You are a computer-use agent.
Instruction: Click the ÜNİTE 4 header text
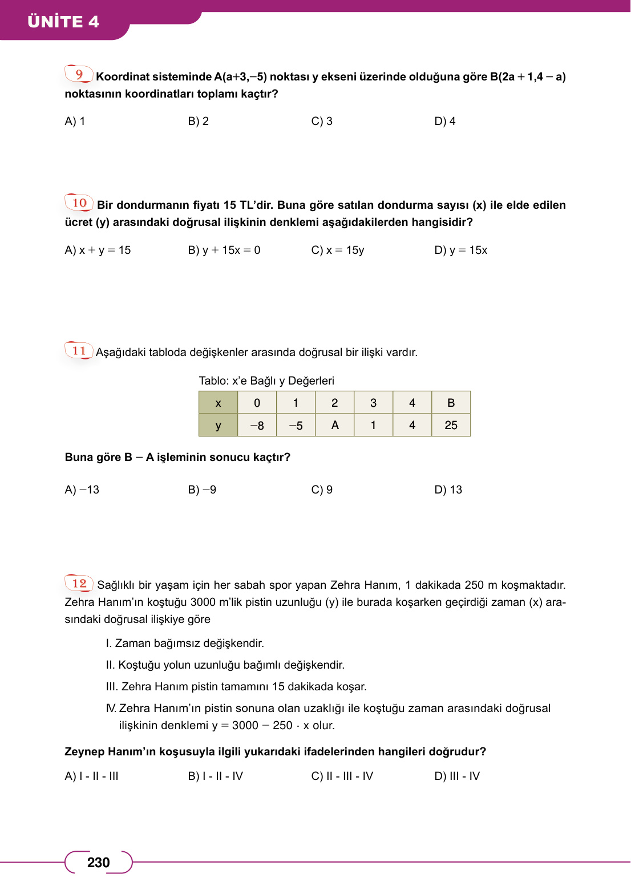[63, 22]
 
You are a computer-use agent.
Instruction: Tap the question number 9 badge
[79, 74]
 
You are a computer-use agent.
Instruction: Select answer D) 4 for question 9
[444, 122]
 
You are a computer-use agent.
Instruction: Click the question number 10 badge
[79, 203]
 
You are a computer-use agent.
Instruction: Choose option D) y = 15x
[460, 250]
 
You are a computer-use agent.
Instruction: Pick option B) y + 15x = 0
[224, 250]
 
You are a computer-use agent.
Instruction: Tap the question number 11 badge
[79, 351]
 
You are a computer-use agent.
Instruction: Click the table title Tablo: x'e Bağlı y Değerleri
[266, 381]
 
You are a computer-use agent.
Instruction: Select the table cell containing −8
[257, 426]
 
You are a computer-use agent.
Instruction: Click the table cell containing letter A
[335, 426]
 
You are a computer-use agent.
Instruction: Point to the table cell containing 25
[451, 426]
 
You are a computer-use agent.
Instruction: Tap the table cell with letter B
[451, 403]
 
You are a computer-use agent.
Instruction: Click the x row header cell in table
[218, 403]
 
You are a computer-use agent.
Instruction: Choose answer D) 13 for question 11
[448, 490]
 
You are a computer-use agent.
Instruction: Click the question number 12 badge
[79, 583]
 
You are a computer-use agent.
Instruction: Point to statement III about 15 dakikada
[236, 687]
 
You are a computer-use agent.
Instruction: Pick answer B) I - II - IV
[215, 776]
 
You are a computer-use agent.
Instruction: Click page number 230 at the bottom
[98, 863]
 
